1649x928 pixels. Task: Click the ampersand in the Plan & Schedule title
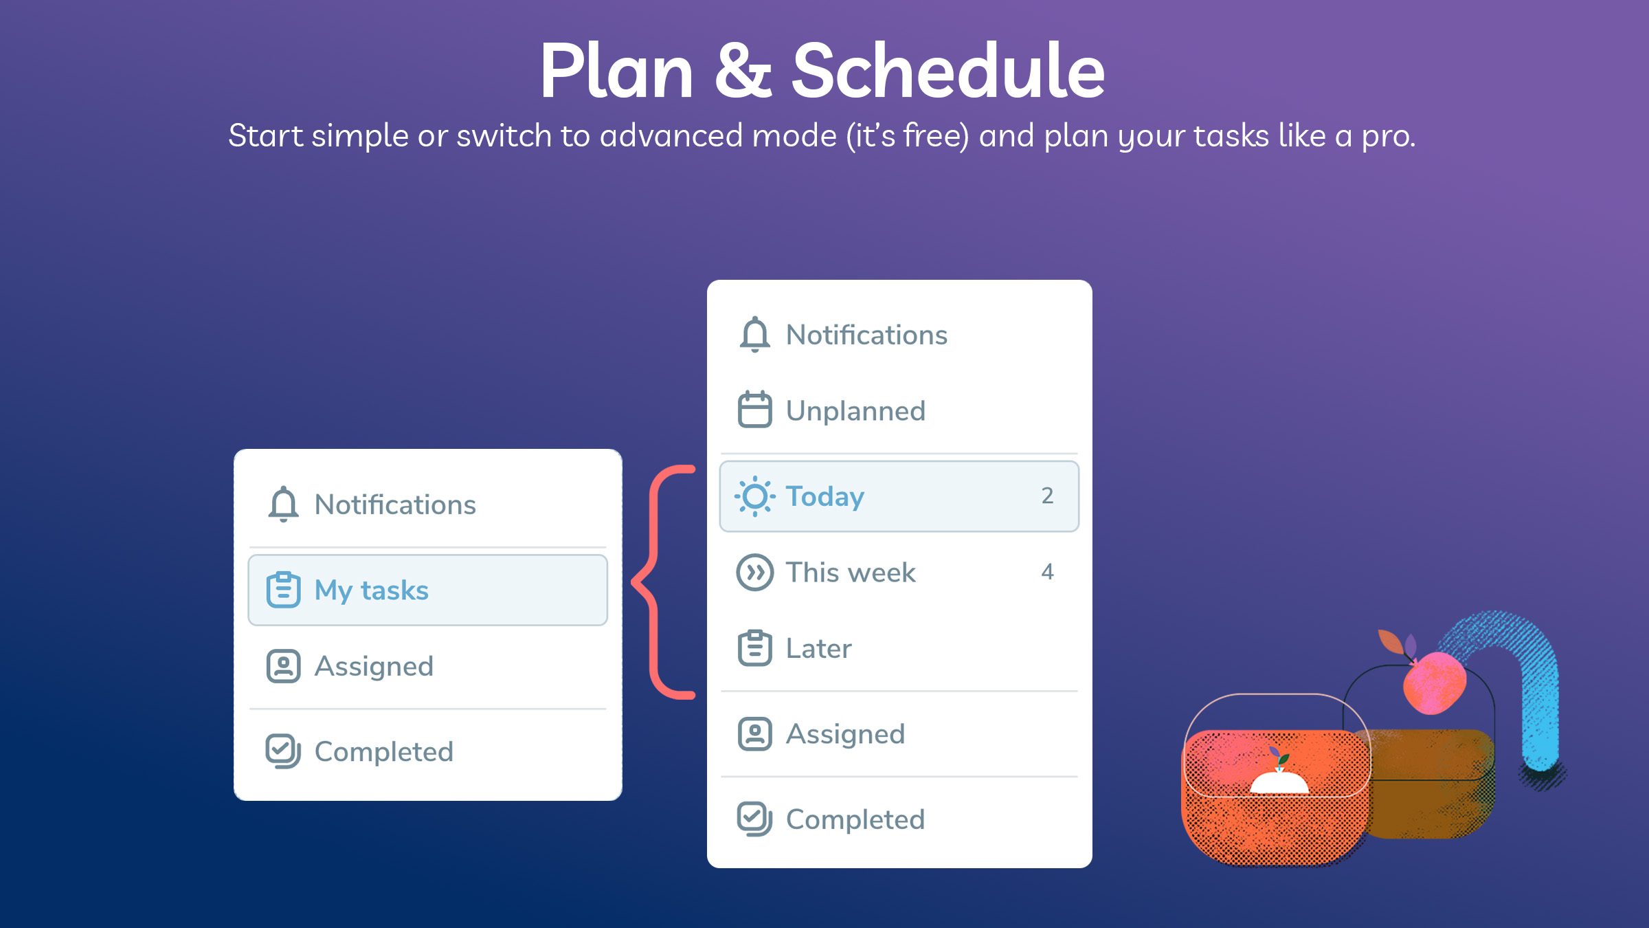743,70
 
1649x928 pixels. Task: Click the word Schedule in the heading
949,70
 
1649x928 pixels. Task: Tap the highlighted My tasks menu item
427,590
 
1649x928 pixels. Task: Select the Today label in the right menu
825,496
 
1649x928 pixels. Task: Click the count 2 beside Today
1047,496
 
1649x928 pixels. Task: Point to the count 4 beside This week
1047,572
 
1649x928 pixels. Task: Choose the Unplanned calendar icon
754,410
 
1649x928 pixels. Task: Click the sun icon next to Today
754,496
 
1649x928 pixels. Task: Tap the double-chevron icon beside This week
754,572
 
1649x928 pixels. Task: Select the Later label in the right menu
818,648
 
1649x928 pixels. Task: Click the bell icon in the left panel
283,505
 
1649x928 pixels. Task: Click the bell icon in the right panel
754,335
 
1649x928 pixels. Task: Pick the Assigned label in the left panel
374,667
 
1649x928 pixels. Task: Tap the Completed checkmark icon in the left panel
283,751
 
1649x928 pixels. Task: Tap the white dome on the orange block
1279,782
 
